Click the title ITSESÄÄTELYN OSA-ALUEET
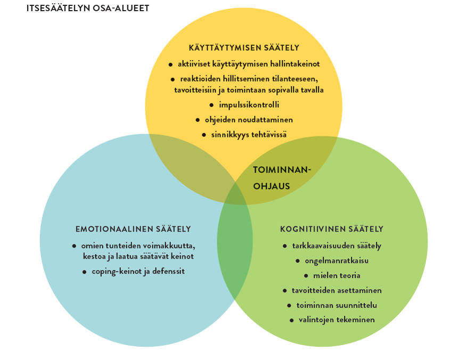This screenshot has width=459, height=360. [88, 8]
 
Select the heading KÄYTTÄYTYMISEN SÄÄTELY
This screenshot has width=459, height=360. [244, 48]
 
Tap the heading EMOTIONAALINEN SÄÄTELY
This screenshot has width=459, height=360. [133, 229]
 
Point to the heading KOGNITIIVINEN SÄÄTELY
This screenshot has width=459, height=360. [332, 229]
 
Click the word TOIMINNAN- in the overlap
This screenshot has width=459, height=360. [282, 170]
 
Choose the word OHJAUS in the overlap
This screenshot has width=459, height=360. [272, 186]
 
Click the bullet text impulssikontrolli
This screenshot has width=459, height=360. [249, 105]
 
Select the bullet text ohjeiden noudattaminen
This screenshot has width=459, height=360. [249, 120]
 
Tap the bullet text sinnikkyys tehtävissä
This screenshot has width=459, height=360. [249, 135]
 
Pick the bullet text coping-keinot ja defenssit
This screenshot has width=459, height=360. [138, 271]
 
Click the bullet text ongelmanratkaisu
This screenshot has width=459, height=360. [337, 260]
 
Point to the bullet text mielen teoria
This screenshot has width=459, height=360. [337, 275]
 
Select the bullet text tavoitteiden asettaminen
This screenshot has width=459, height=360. [337, 290]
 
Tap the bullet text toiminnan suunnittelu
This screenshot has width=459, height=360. [337, 305]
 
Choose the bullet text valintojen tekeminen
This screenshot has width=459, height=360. [337, 320]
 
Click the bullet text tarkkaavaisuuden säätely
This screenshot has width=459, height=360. [337, 246]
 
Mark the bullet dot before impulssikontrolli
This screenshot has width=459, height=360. [211, 105]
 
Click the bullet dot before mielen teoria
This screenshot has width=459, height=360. [306, 276]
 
